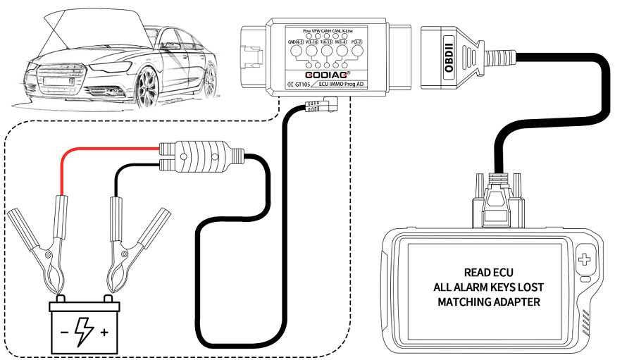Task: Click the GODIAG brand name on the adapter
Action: point(325,74)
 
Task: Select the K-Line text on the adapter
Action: point(347,32)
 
